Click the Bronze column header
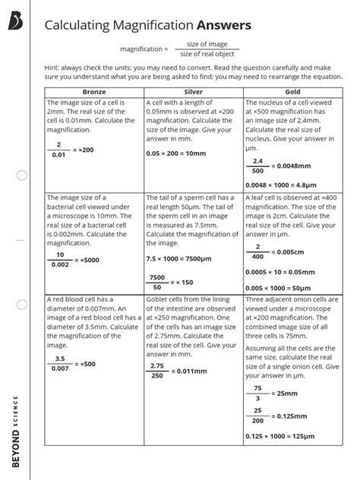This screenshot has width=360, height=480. point(94,91)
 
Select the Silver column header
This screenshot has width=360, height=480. point(194,91)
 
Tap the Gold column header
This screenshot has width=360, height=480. point(292,91)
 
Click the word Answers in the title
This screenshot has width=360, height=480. point(221,27)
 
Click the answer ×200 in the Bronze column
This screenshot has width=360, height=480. point(85,150)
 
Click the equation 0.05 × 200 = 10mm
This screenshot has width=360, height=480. point(175,153)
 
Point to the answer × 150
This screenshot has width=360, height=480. point(184,282)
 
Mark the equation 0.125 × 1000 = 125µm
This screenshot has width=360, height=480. point(280,436)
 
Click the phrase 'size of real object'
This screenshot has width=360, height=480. point(208,53)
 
